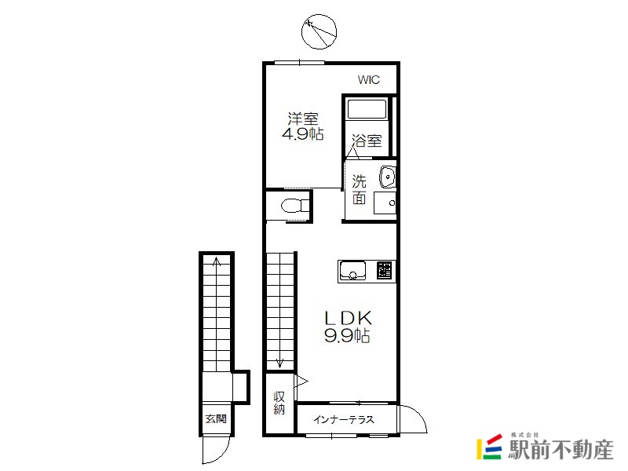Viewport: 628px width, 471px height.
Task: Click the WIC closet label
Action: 368,80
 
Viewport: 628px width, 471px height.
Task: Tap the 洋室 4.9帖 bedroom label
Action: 303,126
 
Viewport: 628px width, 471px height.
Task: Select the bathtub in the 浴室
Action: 367,109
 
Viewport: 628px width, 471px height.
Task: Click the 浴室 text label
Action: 367,141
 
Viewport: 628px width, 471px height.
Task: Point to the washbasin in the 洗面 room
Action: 387,177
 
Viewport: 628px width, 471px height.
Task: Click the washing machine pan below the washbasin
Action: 385,203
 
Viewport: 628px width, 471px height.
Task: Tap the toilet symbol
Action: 295,206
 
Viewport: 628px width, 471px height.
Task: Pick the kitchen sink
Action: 352,270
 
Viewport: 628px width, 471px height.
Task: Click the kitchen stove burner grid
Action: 384,270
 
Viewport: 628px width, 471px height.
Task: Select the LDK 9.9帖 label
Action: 347,327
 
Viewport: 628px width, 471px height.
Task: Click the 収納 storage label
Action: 279,403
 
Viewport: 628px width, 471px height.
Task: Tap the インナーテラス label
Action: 344,419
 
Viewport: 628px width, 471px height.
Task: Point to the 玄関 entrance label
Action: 216,419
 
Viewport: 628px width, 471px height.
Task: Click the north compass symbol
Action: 319,31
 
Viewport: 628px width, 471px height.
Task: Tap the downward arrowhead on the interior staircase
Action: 279,363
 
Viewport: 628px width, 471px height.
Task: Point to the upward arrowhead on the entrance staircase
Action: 217,261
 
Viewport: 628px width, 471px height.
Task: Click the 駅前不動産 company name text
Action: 560,449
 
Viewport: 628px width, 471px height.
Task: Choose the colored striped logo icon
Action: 489,447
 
